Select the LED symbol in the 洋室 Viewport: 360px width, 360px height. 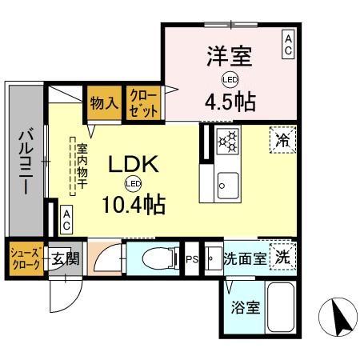[x=228, y=80]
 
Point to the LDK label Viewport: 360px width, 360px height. [x=134, y=164]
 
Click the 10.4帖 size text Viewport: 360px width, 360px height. [x=134, y=205]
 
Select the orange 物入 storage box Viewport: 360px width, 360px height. [x=104, y=102]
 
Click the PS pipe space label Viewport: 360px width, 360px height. [x=192, y=259]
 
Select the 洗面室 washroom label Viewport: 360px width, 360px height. [x=243, y=259]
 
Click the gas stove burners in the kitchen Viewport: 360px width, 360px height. [x=228, y=142]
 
